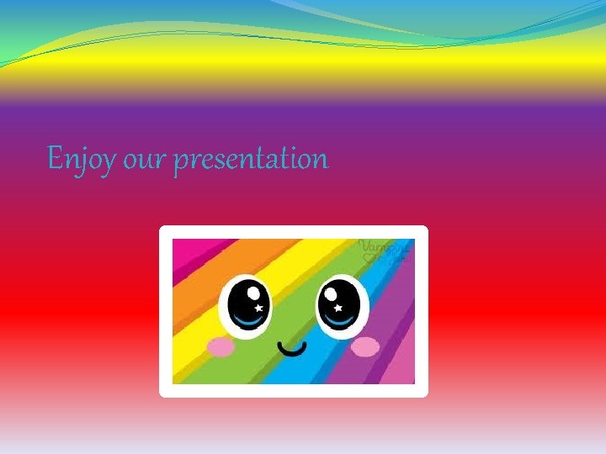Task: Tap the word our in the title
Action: (x=145, y=160)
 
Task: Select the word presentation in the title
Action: (x=251, y=159)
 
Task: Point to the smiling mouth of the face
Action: (x=292, y=347)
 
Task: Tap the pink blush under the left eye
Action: (x=220, y=346)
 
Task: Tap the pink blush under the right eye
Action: (x=365, y=346)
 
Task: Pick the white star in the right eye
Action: (x=337, y=309)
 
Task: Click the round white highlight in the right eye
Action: (x=330, y=293)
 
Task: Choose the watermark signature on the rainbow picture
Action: (x=385, y=250)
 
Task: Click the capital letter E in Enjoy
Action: (x=55, y=157)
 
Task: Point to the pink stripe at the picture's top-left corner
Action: (x=181, y=248)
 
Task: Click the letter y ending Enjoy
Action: (x=108, y=162)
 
